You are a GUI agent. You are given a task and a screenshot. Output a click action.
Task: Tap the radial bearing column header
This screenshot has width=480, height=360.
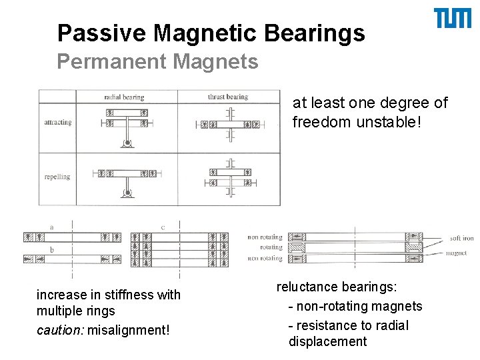click(125, 97)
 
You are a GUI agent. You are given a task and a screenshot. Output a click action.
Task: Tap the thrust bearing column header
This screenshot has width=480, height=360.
click(227, 97)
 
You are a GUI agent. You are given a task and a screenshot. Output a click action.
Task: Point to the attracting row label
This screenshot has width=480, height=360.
click(57, 123)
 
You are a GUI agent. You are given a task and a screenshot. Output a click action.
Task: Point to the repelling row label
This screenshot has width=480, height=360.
click(57, 177)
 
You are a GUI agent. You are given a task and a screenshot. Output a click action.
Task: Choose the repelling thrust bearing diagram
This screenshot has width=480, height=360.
click(229, 176)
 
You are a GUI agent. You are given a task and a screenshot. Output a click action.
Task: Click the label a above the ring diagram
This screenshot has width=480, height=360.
click(51, 227)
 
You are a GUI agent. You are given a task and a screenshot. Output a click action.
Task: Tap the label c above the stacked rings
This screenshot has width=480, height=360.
click(163, 227)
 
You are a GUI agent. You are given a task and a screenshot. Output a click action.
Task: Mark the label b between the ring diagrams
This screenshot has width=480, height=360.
click(51, 250)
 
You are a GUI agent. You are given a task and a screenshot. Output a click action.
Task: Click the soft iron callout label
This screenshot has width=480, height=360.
click(461, 238)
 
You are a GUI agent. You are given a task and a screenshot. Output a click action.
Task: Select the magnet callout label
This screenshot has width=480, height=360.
click(456, 253)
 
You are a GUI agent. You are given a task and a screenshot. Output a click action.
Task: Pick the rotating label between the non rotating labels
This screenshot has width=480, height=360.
click(271, 247)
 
